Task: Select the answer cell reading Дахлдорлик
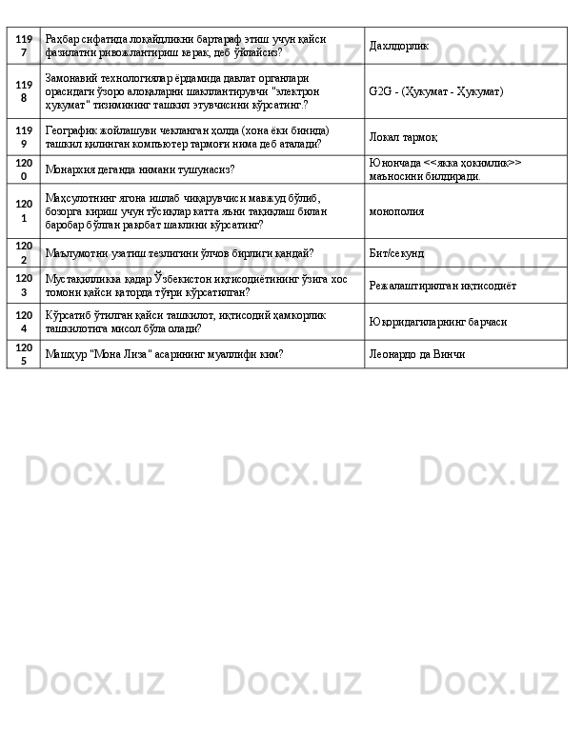[398, 46]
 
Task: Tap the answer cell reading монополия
[396, 210]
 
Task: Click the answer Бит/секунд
[396, 254]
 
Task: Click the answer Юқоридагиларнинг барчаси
[437, 321]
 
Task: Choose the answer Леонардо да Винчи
[416, 353]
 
